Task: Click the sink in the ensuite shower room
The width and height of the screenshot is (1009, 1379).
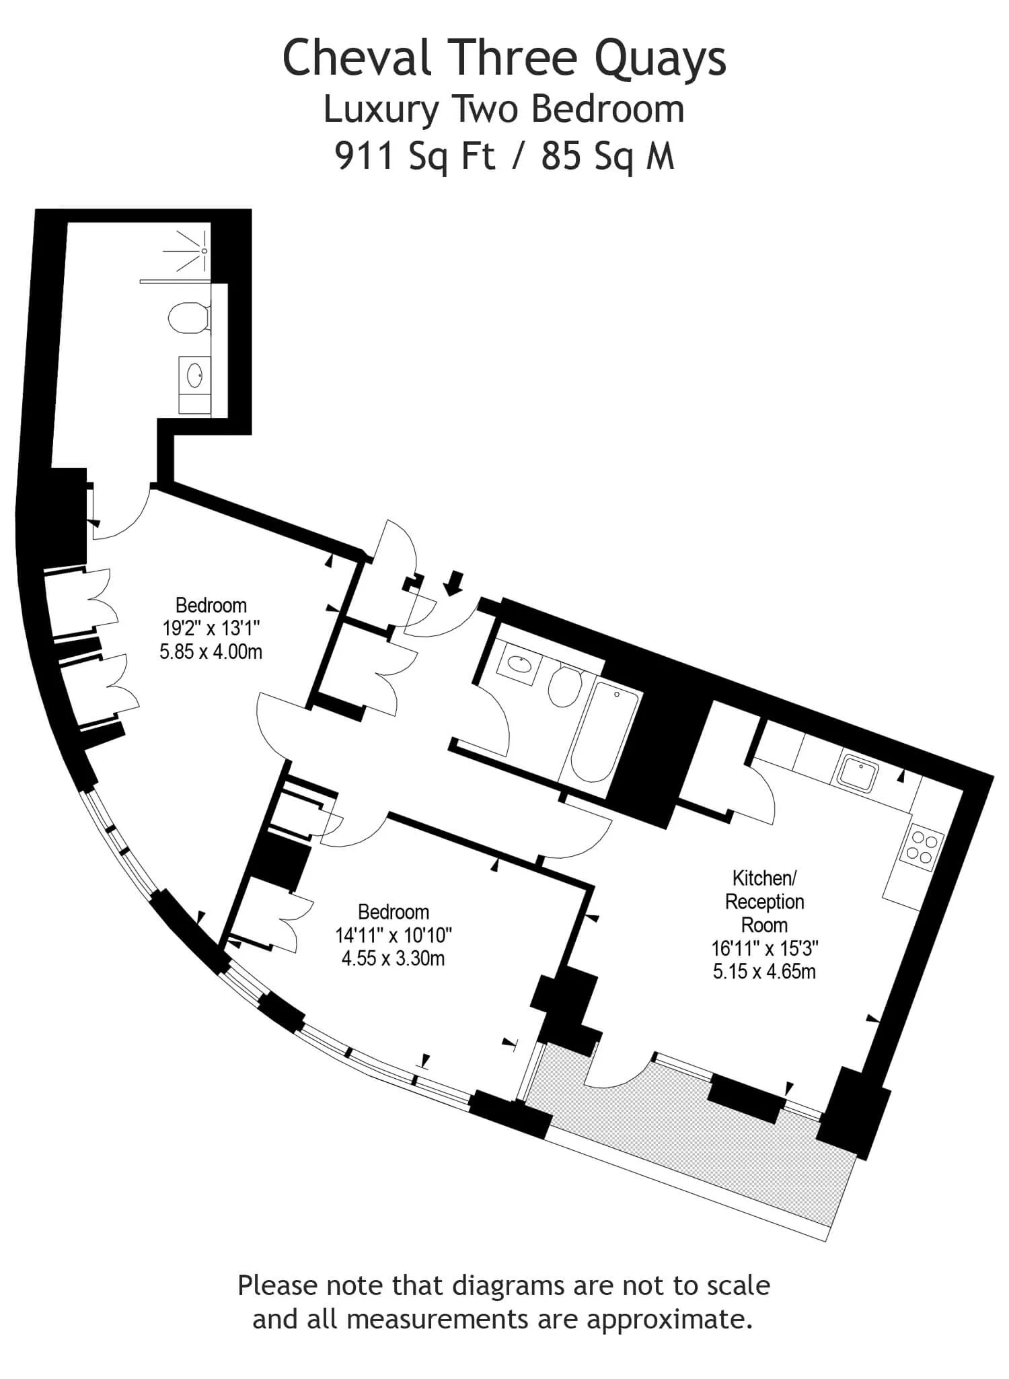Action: (x=195, y=376)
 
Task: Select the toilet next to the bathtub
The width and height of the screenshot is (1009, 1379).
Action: (x=566, y=684)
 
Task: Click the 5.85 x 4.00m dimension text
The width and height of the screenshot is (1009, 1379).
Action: (x=211, y=651)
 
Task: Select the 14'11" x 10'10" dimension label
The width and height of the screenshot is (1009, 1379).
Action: (x=394, y=935)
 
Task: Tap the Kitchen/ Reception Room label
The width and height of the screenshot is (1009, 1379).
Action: (x=764, y=901)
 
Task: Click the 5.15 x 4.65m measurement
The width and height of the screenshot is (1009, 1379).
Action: (x=764, y=971)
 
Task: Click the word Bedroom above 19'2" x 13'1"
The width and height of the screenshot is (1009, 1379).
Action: (x=211, y=604)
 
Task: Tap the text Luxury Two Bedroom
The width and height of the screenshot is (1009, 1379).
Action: (x=504, y=110)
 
